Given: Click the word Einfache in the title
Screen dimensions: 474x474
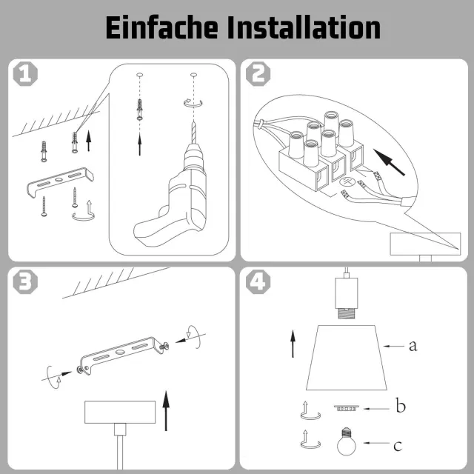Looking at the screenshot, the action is (161, 27).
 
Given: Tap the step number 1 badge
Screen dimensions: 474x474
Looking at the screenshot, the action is (25, 74).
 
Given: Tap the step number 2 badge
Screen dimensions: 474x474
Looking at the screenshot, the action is (258, 74).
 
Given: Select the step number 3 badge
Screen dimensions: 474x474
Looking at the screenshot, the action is (25, 281).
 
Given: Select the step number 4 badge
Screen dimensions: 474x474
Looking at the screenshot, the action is (258, 281).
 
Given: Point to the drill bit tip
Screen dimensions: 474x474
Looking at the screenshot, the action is (194, 121).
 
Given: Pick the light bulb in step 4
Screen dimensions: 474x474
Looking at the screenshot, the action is (347, 441).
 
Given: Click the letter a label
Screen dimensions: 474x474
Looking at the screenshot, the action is (413, 346).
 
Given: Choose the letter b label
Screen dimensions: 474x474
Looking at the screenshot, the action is (401, 405).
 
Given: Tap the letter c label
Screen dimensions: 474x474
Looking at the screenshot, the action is (398, 446).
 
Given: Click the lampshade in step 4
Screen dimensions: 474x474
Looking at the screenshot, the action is (347, 358).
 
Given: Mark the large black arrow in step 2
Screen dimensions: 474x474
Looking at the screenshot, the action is (389, 162).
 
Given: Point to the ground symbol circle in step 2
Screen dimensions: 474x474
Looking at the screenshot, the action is (347, 182).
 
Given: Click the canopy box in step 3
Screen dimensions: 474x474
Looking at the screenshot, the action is (120, 412).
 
